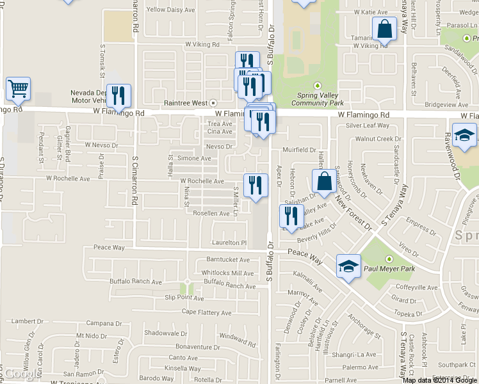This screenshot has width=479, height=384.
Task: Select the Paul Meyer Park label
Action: click(389, 269)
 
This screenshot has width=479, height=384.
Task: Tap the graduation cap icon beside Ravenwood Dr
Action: click(464, 135)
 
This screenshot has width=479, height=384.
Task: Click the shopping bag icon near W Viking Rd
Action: click(384, 29)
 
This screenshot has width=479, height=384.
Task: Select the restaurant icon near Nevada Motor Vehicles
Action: click(118, 96)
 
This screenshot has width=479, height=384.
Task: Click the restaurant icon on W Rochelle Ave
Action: click(256, 186)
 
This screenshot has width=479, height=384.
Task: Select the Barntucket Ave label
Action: click(228, 260)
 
